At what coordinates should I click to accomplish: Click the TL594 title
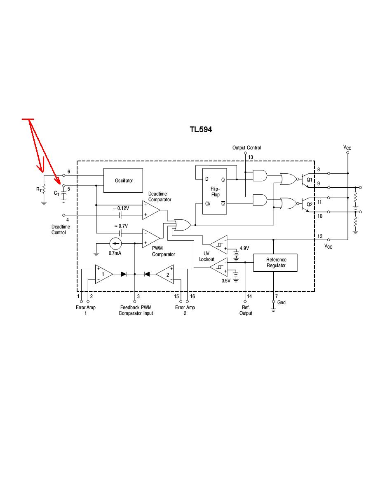tap(201, 129)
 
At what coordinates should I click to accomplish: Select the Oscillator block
tap(123, 180)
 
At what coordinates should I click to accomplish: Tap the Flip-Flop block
tap(215, 191)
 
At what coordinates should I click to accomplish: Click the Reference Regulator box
tap(275, 263)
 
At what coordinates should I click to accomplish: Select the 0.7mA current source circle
tap(115, 243)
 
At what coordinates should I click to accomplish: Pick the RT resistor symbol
tap(44, 189)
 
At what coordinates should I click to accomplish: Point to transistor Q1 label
tap(310, 180)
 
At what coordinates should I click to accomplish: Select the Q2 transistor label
tap(310, 204)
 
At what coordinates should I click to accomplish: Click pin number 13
tap(251, 157)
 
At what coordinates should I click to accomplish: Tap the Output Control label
tap(247, 148)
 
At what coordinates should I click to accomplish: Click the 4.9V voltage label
tap(244, 248)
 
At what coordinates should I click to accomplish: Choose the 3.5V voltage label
tap(226, 281)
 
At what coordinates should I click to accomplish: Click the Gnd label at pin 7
tap(282, 303)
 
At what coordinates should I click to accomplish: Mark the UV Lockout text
tap(207, 256)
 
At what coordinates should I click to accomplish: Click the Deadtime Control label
tap(61, 230)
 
